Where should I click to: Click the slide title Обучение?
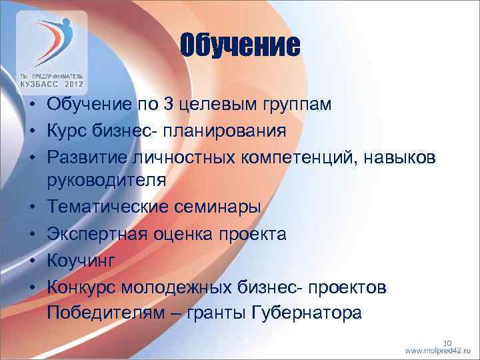(x=240, y=46)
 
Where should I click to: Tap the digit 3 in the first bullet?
(x=151, y=105)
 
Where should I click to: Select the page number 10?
(x=447, y=341)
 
